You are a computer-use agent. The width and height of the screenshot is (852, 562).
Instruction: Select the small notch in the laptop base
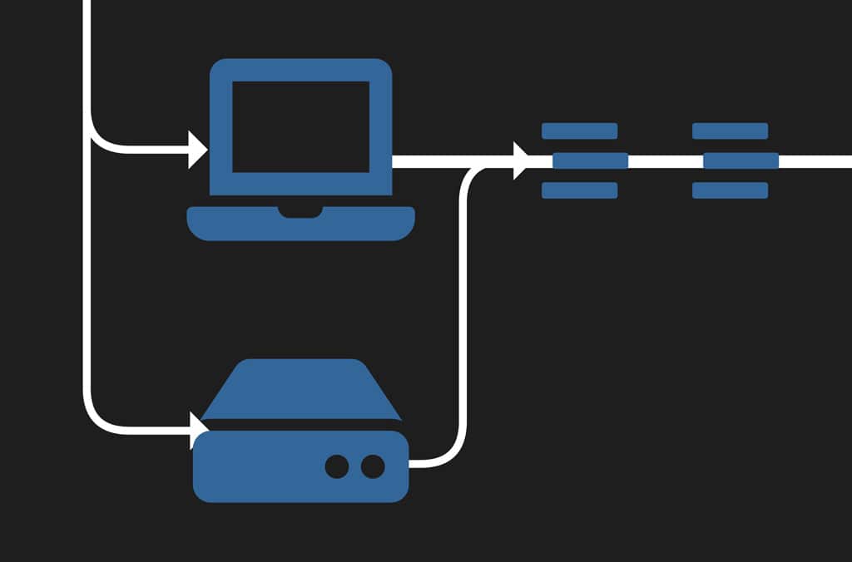pyautogui.click(x=300, y=213)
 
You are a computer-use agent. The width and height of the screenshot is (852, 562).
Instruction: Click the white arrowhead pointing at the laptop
pyautogui.click(x=198, y=150)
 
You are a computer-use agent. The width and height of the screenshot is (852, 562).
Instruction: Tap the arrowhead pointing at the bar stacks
pyautogui.click(x=522, y=160)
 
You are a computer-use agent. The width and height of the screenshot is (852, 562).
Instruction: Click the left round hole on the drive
pyautogui.click(x=337, y=466)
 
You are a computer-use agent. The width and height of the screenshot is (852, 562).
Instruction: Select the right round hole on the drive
pyautogui.click(x=373, y=466)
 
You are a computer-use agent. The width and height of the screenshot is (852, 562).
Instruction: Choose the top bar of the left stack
pyautogui.click(x=579, y=131)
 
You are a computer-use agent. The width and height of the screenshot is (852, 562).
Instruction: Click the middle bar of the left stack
pyautogui.click(x=590, y=160)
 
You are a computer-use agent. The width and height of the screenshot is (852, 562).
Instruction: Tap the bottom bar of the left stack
pyautogui.click(x=579, y=190)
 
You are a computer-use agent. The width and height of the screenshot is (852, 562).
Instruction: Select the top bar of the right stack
pyautogui.click(x=730, y=131)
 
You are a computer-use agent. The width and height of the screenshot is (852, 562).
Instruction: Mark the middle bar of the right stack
pyautogui.click(x=741, y=160)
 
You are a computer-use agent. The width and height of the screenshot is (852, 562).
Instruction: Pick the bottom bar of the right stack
pyautogui.click(x=730, y=190)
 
